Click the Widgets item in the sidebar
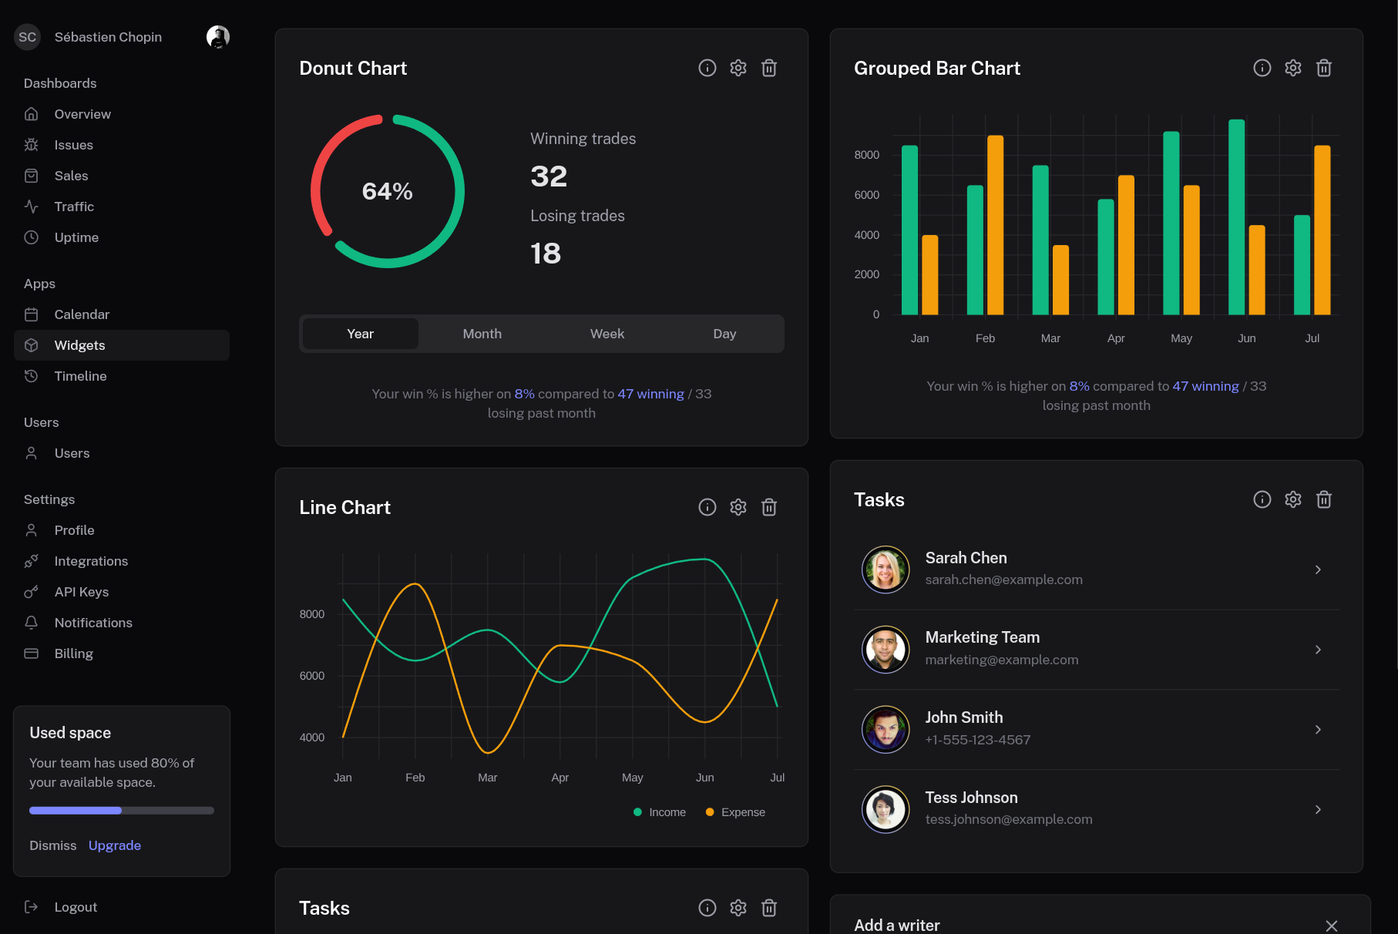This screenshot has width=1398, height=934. [80, 345]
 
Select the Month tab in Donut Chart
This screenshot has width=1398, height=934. [482, 334]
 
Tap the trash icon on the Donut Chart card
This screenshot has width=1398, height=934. [768, 69]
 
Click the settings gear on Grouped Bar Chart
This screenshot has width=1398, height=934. [1292, 69]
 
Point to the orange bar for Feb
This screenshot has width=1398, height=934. [995, 225]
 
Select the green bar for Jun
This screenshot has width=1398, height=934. [1236, 217]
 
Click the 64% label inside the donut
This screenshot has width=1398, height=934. [387, 191]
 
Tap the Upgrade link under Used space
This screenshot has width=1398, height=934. [115, 845]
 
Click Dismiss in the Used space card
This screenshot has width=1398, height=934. [53, 845]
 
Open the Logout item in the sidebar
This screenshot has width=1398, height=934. [76, 907]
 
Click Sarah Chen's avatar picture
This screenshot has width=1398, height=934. [886, 569]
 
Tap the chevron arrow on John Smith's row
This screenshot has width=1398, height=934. [1318, 729]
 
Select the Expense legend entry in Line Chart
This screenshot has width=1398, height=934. [736, 812]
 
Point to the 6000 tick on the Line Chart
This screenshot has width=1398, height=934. [312, 676]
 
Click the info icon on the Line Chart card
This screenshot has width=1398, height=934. [707, 507]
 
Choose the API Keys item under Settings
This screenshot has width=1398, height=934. [82, 592]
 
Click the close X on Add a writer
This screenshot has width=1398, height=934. [1331, 926]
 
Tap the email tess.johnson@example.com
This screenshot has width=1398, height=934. [1008, 819]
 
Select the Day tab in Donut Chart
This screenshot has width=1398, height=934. [724, 334]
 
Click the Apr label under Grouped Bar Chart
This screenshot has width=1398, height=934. [1115, 338]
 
